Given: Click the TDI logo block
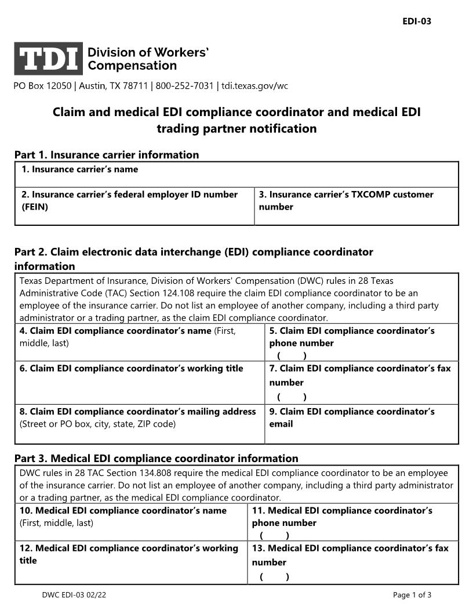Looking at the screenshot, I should click(x=49, y=59).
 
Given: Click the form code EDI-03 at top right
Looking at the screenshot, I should click(x=417, y=21).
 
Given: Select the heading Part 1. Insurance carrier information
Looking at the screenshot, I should click(x=106, y=155).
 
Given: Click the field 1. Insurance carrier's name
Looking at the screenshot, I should click(x=237, y=175).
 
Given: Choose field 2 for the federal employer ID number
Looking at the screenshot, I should click(x=134, y=206).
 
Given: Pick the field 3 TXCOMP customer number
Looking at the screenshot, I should click(x=356, y=206).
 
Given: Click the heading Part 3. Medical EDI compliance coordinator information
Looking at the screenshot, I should click(x=157, y=459).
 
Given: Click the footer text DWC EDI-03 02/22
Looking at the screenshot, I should click(x=74, y=595).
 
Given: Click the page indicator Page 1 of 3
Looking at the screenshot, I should click(x=412, y=595).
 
